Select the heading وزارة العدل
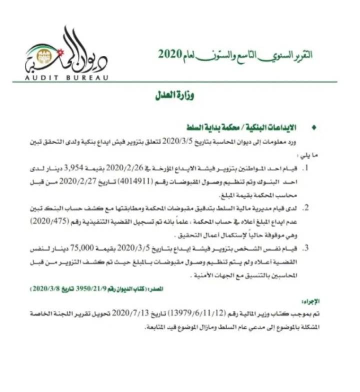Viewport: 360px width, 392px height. (x=173, y=95)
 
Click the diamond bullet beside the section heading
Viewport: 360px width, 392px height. (x=313, y=128)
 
